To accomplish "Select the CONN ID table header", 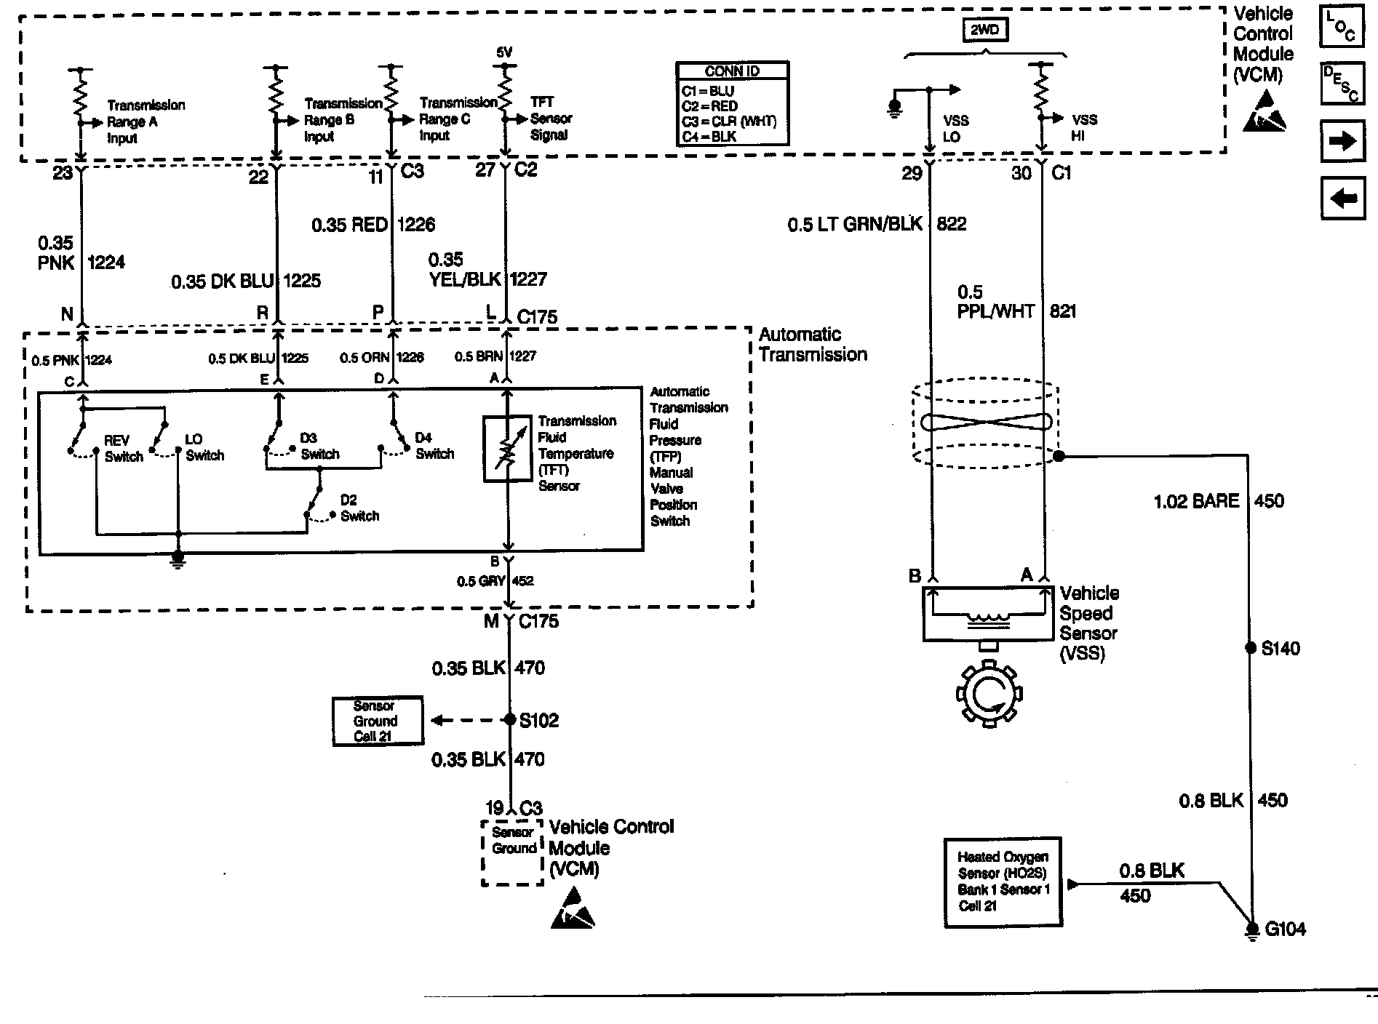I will pos(732,71).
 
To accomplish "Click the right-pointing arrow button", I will pos(1342,141).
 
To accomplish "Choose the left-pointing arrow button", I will pos(1342,198).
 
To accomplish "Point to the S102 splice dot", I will pos(509,720).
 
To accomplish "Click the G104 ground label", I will pos(1285,929).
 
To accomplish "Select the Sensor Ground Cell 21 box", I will pos(376,721).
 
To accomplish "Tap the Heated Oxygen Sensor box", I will pos(1003,881).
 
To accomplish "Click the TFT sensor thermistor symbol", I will pos(508,449).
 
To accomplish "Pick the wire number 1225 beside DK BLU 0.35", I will pos(302,281).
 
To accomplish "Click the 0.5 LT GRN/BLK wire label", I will pos(854,224).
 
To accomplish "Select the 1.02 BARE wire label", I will pos(1196,500).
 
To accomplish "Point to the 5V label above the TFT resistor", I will pos(504,52).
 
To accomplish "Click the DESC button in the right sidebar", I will pos(1340,84).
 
